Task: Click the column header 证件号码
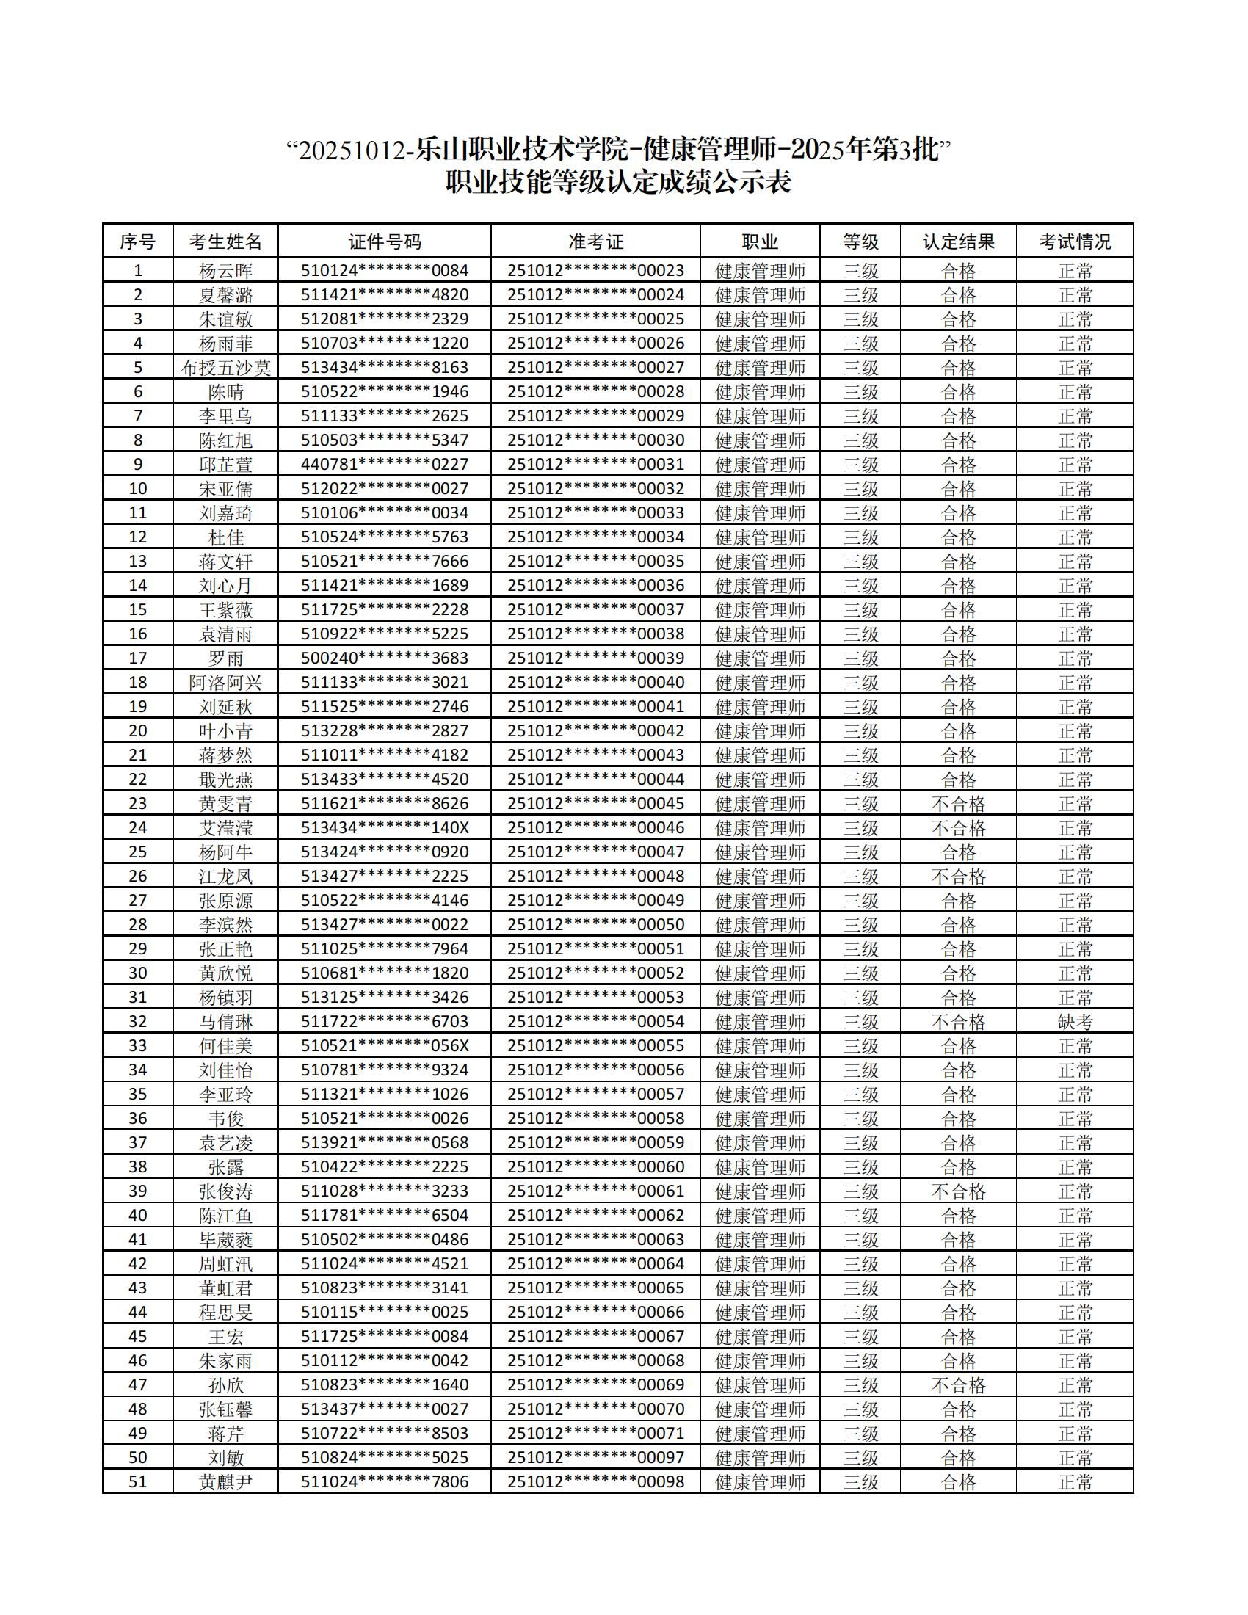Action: pos(385,242)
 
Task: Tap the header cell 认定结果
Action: pos(958,242)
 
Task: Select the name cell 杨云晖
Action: pos(225,271)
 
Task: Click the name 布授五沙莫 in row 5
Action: pos(225,368)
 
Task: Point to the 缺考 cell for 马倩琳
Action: pos(1075,1022)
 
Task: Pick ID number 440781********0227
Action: pos(385,465)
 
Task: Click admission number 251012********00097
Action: pos(595,1457)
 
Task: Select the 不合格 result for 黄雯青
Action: pos(958,804)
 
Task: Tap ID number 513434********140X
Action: pos(385,828)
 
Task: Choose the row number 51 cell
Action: pos(137,1482)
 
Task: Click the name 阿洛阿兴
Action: pos(225,683)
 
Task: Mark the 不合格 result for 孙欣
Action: pos(958,1385)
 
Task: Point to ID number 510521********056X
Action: pos(385,1045)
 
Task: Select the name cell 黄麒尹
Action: pos(225,1482)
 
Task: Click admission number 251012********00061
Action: pos(595,1191)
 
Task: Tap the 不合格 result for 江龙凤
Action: pos(958,877)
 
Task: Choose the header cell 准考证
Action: pos(595,242)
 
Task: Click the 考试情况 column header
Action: pos(1075,242)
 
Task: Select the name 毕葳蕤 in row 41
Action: pos(225,1239)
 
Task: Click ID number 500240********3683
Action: pos(385,658)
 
